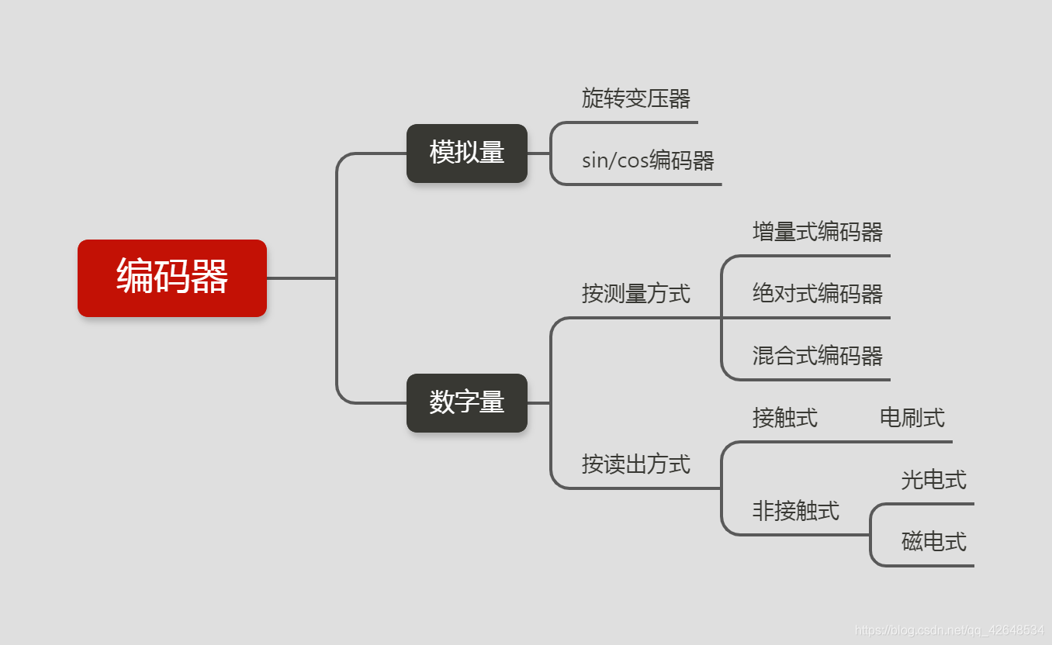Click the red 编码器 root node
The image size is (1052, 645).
(x=171, y=278)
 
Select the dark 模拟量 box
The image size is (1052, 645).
(x=466, y=153)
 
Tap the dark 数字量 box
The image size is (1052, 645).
(x=466, y=402)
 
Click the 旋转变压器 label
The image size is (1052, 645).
(x=635, y=98)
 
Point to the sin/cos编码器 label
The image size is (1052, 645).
(x=648, y=160)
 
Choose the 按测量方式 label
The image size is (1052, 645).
(x=635, y=294)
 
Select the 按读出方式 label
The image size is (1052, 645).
(x=635, y=464)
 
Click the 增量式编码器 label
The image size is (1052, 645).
(x=817, y=232)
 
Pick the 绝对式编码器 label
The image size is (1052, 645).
(x=817, y=294)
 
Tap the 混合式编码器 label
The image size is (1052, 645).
(x=817, y=356)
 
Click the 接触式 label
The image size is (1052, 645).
(x=784, y=418)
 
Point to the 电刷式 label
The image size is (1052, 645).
(x=912, y=418)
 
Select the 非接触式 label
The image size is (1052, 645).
(x=795, y=511)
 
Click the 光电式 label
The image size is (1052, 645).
(x=933, y=480)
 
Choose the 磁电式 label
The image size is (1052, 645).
(x=933, y=542)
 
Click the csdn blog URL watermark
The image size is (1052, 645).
(x=948, y=630)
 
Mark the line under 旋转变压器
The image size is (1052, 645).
(x=636, y=122)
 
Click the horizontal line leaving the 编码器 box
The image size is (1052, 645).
(x=301, y=278)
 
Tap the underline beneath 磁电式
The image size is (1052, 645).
(x=931, y=566)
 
